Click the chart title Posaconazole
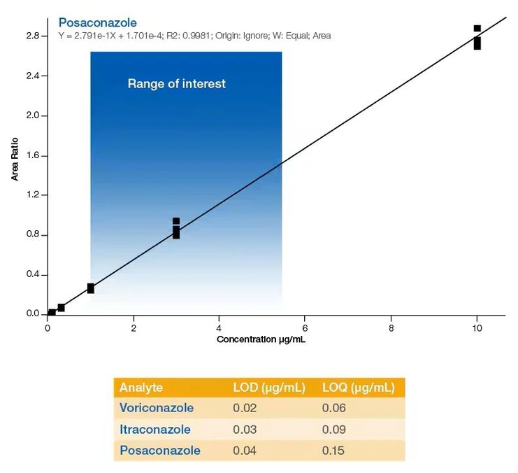[97, 22]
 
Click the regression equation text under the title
[194, 36]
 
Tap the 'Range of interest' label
[176, 84]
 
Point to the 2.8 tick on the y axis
[33, 35]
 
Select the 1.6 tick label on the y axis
[33, 155]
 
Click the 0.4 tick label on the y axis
[33, 275]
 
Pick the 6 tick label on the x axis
[305, 327]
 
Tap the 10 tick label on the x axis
[477, 327]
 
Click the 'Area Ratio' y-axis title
[15, 160]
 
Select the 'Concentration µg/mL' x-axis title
[261, 339]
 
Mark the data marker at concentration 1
[90, 288]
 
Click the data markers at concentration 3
[176, 228]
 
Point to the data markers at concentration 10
[477, 38]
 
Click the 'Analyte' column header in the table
[141, 388]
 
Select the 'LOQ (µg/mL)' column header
[358, 388]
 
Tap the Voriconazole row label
[157, 408]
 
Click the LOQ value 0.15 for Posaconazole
[333, 450]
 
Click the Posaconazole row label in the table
[159, 450]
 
